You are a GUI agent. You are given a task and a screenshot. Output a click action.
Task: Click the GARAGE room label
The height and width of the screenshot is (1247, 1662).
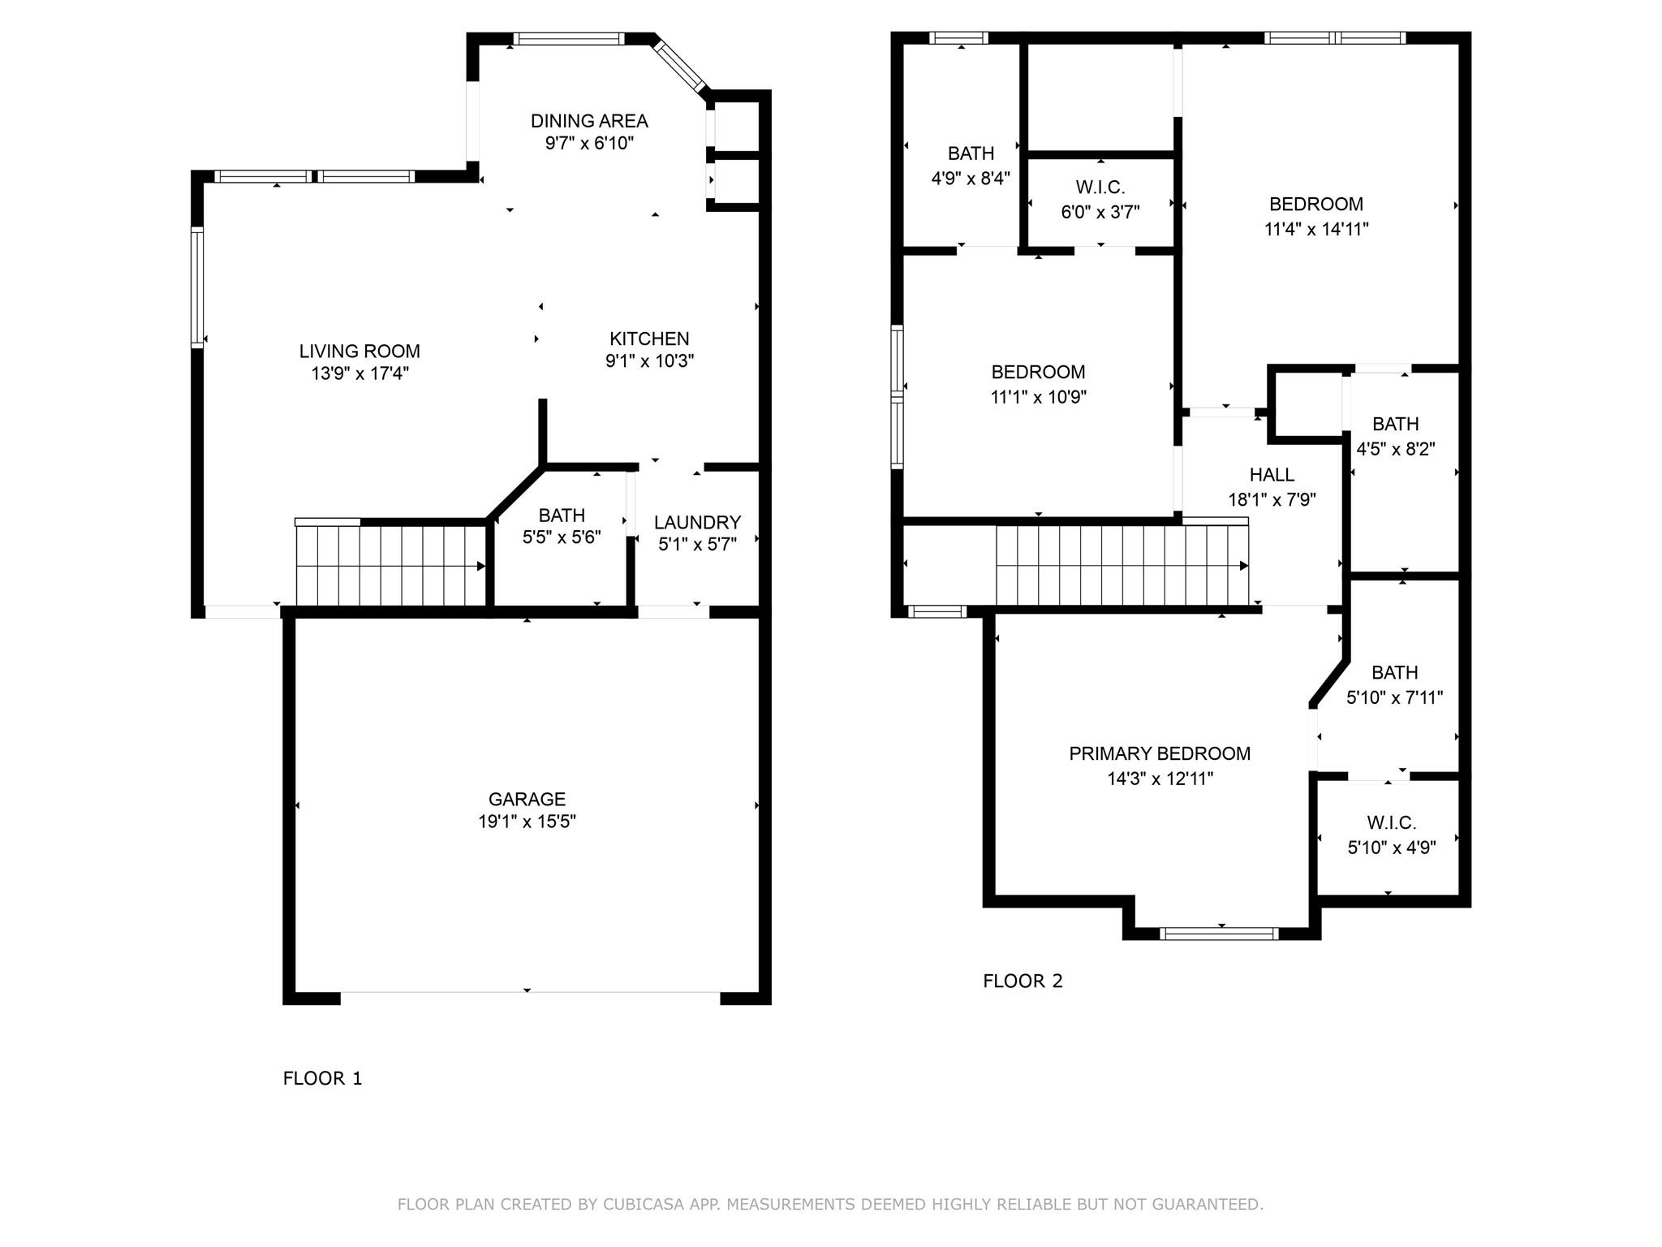(x=527, y=799)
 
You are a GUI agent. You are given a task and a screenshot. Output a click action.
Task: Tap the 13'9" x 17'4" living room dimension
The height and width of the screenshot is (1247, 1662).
(x=360, y=373)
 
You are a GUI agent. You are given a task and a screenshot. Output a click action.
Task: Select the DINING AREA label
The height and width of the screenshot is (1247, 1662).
(x=589, y=121)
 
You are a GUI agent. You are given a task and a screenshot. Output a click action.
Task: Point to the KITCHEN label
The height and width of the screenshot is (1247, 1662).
(x=649, y=339)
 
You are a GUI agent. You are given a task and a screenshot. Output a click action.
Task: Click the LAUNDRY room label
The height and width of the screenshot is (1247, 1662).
(x=697, y=522)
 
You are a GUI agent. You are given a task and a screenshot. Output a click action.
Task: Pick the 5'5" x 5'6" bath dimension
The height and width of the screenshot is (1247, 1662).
(x=562, y=537)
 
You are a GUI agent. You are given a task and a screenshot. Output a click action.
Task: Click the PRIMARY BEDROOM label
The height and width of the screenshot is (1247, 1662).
(x=1160, y=753)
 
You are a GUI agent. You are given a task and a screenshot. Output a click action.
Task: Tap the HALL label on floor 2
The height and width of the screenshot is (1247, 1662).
(x=1272, y=475)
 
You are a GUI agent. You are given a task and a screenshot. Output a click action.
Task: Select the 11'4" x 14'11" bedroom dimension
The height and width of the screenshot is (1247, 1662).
(x=1316, y=229)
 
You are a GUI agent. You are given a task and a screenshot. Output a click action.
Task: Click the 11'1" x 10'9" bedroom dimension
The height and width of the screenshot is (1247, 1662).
(x=1038, y=397)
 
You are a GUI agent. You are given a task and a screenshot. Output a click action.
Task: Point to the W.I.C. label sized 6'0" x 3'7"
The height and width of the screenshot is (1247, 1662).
(x=1100, y=188)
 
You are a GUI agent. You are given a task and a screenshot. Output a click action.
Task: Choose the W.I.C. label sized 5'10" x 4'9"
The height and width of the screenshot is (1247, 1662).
(x=1391, y=822)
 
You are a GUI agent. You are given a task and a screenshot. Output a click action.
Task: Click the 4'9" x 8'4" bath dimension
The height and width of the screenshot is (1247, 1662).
(x=971, y=178)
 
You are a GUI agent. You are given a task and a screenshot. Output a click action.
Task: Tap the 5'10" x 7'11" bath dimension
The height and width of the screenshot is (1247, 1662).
(x=1394, y=697)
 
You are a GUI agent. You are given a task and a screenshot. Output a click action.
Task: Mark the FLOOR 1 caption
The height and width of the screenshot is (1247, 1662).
(x=322, y=1078)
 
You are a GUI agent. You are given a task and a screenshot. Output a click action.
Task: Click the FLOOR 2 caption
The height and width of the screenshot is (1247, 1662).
(x=1023, y=981)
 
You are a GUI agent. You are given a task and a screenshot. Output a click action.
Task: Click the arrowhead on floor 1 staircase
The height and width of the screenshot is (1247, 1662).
(x=480, y=567)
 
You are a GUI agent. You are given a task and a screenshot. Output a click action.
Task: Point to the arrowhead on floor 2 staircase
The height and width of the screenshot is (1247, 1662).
(x=1243, y=566)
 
